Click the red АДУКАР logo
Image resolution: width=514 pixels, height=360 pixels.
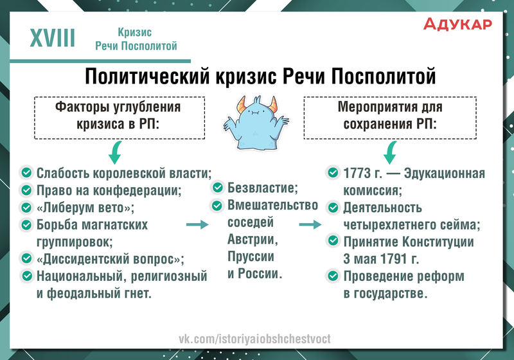457,24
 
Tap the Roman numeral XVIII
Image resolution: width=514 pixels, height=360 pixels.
53,38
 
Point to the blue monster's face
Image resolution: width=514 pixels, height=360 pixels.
256,113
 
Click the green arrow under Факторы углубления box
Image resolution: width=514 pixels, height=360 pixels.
116,152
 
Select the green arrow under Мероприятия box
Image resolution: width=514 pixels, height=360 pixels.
390,152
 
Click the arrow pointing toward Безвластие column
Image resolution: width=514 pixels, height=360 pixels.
197,224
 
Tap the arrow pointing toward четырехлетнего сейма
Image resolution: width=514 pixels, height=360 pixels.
310,224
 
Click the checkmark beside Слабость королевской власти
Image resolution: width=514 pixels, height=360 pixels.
26,172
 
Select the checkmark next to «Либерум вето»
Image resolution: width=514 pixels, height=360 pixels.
26,207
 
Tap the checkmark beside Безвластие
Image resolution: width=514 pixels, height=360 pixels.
217,188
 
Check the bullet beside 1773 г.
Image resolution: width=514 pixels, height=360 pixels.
333,172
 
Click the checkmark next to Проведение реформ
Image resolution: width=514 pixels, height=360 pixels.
333,276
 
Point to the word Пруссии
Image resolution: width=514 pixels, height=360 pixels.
251,256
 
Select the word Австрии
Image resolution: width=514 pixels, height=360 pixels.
253,239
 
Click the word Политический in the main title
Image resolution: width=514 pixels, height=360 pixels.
147,76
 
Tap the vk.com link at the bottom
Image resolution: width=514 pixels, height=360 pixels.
254,339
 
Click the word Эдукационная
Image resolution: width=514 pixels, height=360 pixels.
445,173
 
